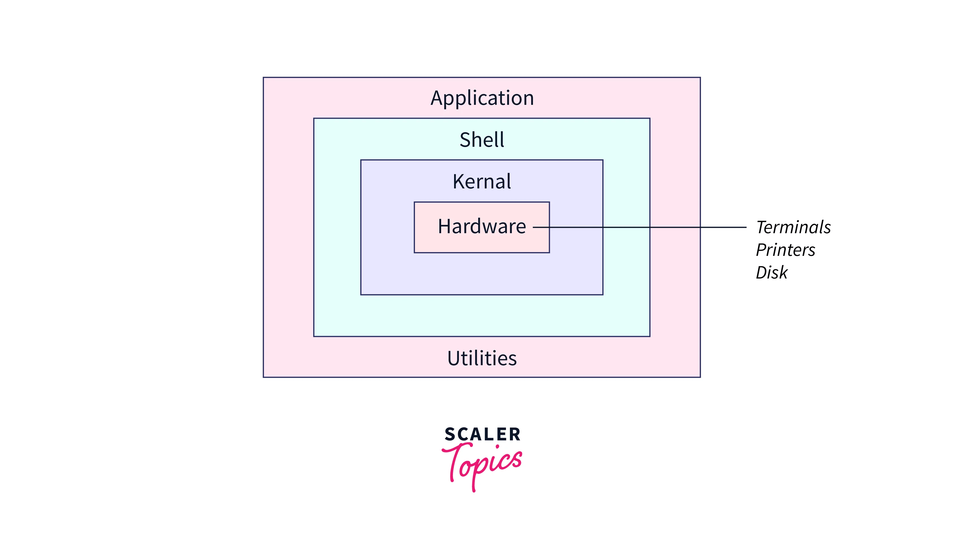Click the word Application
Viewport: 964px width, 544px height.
[482, 98]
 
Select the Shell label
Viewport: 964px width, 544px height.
[482, 140]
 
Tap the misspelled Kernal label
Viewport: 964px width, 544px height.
[482, 182]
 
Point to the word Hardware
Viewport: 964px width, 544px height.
[482, 227]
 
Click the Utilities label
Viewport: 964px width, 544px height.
[482, 358]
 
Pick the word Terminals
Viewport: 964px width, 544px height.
[793, 228]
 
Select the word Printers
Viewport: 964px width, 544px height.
[785, 250]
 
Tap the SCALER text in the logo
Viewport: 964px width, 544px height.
[482, 434]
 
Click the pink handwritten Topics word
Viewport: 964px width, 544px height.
[483, 464]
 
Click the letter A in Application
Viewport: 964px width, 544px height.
[437, 98]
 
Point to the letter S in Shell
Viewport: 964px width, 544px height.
[465, 140]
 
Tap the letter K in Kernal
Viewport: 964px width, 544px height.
[458, 182]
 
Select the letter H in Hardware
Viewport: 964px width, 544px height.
[444, 227]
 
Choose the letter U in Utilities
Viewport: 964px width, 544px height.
[454, 358]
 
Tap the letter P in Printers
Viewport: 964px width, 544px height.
[762, 250]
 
